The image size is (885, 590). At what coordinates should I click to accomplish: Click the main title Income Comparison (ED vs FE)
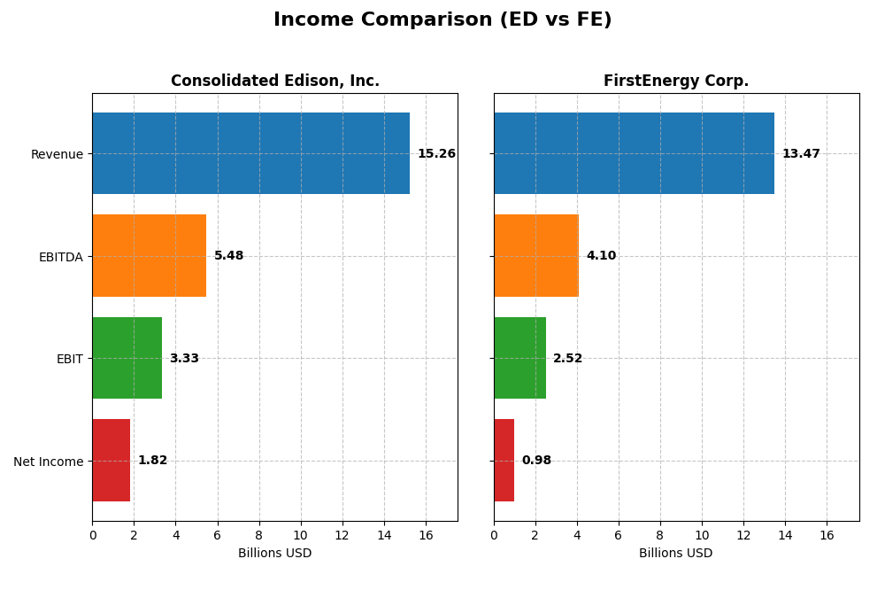tap(442, 19)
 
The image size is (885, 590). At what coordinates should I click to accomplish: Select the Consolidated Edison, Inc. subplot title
tap(274, 81)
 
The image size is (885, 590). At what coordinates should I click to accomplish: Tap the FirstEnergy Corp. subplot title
tap(676, 81)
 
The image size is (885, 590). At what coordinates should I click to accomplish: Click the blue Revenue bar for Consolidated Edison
tap(250, 153)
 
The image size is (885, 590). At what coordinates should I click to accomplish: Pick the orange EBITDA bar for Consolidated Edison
tap(149, 255)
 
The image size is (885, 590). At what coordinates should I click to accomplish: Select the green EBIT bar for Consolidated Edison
tap(127, 358)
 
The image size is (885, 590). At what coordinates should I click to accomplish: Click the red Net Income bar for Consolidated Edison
tap(111, 461)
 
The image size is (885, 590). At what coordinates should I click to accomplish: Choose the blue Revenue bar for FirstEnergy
tap(634, 153)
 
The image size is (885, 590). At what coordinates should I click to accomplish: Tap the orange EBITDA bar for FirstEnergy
tap(536, 255)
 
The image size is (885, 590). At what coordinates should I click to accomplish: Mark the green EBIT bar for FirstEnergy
tap(519, 358)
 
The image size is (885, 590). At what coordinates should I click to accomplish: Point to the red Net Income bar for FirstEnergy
tap(504, 461)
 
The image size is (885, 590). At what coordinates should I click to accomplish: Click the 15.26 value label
tap(436, 154)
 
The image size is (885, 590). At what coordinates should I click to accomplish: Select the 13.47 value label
tap(801, 154)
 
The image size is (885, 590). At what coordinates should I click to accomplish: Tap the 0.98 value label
tap(536, 461)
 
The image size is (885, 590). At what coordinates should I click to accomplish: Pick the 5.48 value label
tap(228, 256)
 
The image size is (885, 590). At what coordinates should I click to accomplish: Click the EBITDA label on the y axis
tap(60, 257)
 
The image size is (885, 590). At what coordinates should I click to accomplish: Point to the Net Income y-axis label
tap(48, 462)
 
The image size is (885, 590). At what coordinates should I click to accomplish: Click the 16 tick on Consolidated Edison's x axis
tap(426, 535)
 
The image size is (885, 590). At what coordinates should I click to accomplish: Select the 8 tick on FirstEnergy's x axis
tap(660, 535)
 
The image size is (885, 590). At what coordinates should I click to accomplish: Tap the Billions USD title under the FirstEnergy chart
tap(676, 553)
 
